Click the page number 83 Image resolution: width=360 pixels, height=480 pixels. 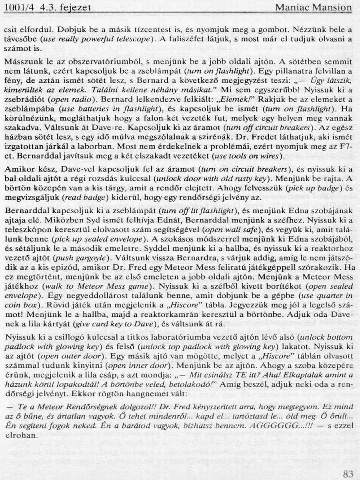[x=348, y=474]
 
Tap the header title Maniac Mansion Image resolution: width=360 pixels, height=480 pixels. [x=314, y=8]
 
